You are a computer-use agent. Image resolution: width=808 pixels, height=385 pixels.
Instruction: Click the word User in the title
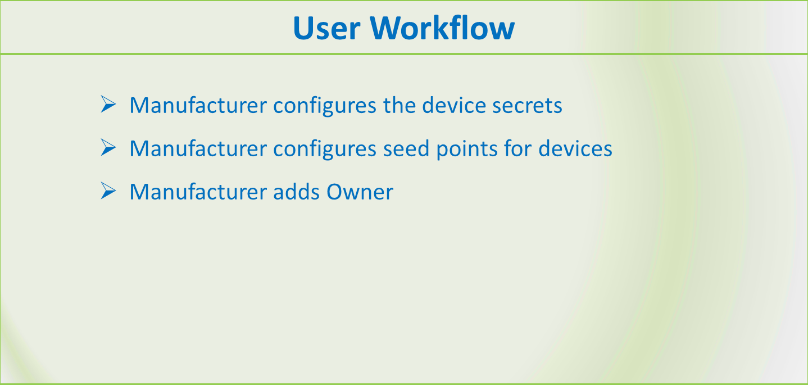(x=326, y=28)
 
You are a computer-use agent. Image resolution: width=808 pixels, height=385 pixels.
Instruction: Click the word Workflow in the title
(x=442, y=28)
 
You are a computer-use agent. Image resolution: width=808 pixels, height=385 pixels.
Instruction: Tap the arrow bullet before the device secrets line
(x=108, y=105)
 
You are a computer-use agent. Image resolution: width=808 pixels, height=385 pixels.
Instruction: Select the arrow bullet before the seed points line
(x=108, y=148)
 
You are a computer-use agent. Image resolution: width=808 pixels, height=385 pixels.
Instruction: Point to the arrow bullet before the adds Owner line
(x=108, y=191)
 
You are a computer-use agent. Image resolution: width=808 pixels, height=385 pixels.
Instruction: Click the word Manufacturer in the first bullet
(x=198, y=105)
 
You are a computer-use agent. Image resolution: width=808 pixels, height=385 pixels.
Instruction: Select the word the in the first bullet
(x=400, y=105)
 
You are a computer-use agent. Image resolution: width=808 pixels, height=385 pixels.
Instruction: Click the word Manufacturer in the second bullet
(x=198, y=148)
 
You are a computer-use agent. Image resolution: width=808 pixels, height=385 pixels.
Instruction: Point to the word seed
(x=406, y=148)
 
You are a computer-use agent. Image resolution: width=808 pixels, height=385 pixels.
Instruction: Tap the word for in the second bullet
(x=518, y=148)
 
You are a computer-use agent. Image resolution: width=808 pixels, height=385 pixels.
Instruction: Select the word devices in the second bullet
(x=575, y=148)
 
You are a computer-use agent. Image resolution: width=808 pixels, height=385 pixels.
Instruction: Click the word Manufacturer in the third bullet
(x=198, y=192)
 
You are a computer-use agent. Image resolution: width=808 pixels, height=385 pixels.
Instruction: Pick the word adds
(x=296, y=192)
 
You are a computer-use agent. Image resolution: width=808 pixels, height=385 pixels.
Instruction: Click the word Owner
(x=360, y=192)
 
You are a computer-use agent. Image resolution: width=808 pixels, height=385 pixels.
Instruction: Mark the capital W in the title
(x=387, y=28)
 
